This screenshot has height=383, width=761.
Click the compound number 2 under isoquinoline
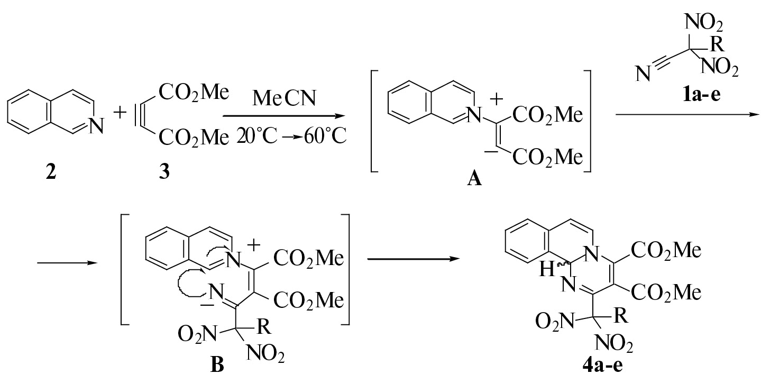point(51,171)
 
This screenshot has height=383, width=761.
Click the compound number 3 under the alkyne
point(164,171)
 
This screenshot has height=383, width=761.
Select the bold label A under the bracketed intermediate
point(474,178)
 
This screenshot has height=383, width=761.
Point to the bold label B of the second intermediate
point(217,365)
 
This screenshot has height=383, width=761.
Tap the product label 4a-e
point(603,366)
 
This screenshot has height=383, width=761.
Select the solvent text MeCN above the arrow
point(285,98)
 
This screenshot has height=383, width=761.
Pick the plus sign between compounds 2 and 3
point(120,112)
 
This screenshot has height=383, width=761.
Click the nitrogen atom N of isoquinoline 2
point(96,125)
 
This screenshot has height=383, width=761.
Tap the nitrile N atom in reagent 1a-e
point(643,74)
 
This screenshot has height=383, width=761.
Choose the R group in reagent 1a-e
point(717,44)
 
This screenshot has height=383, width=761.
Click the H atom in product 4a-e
point(547,270)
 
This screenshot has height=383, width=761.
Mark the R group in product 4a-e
point(621,315)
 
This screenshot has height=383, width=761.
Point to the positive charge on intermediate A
point(497,99)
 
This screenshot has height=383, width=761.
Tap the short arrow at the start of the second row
point(67,263)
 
